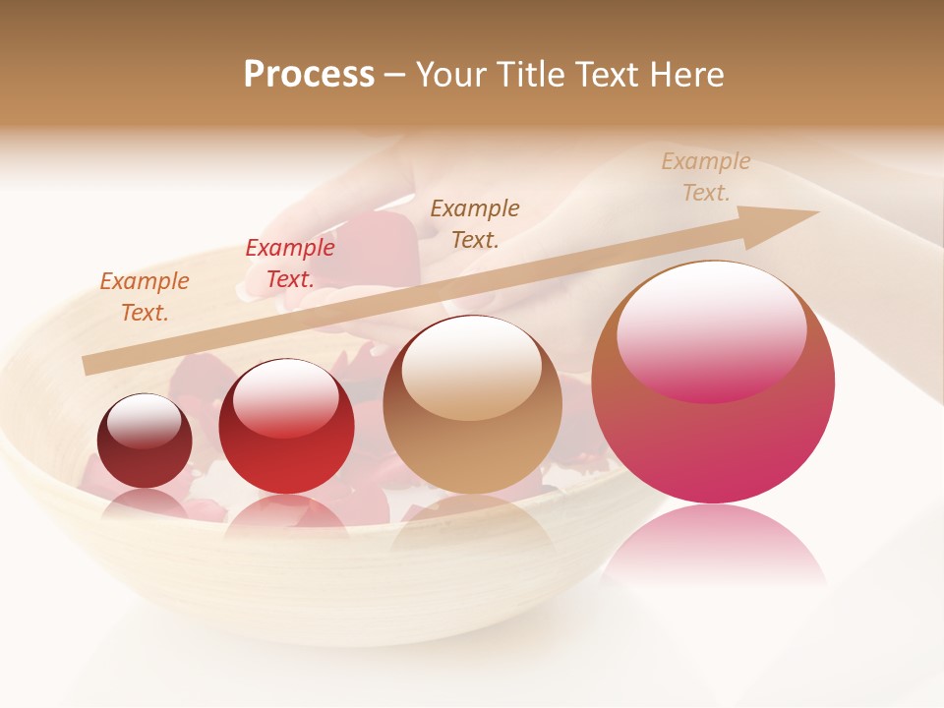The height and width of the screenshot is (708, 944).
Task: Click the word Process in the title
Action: coord(309,75)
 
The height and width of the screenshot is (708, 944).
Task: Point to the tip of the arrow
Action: coord(816,212)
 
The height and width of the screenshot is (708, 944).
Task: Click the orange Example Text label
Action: coord(144,297)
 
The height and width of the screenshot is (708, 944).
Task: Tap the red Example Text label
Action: coord(289,264)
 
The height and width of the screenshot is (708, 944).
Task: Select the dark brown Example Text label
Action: coord(475,224)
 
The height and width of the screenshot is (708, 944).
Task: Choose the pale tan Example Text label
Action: coord(705,177)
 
